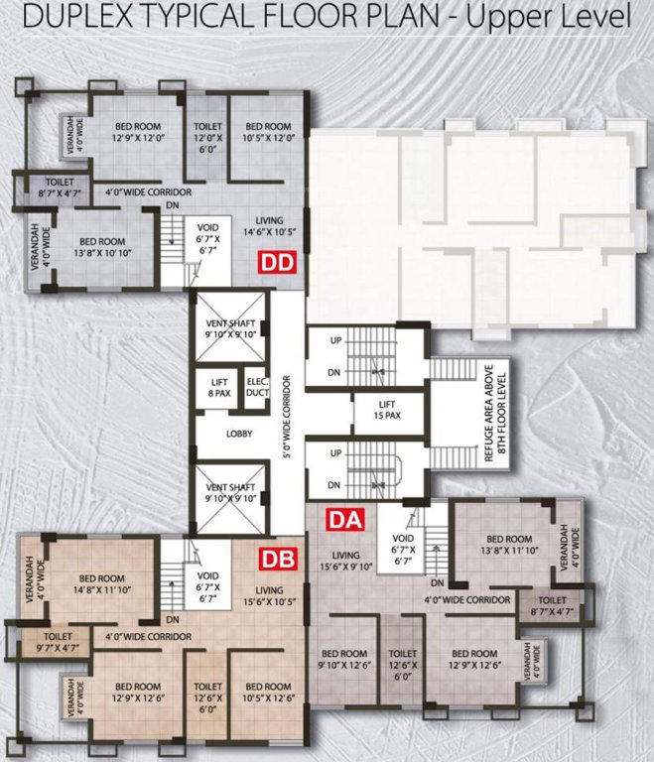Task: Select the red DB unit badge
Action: (x=277, y=559)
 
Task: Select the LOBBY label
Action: (x=238, y=434)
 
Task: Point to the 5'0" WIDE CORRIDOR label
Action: (x=287, y=418)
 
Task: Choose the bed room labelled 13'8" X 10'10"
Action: (x=101, y=247)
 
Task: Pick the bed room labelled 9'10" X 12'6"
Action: (x=343, y=659)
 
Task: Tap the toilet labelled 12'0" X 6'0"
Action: (x=208, y=133)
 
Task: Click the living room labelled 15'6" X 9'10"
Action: (x=345, y=562)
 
